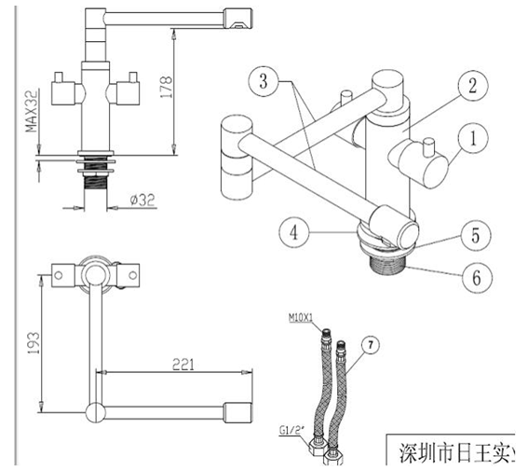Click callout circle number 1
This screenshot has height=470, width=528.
[472, 140]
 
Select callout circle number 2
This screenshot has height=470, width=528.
[472, 87]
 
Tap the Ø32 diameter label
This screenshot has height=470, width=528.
[142, 200]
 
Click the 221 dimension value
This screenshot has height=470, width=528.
[183, 366]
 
